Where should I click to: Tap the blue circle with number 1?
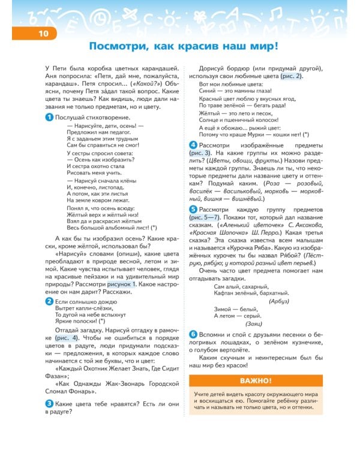tap(49, 118)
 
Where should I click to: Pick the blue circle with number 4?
tap(193, 146)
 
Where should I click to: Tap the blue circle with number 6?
tap(193, 334)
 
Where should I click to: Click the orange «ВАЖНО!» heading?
tap(256, 380)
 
